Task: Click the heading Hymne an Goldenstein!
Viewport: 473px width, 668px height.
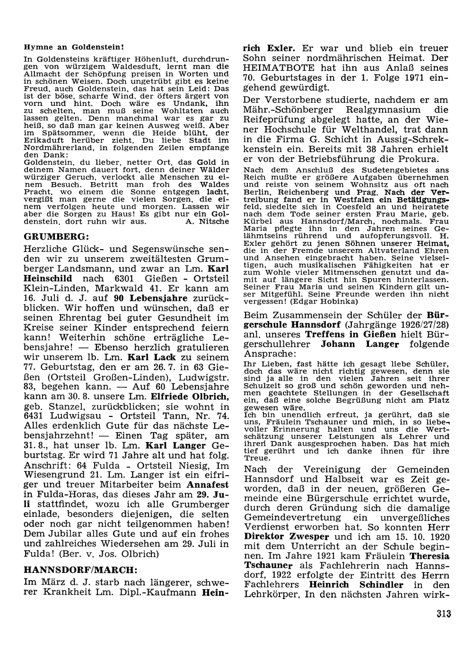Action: tap(73, 48)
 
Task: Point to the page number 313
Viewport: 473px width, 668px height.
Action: tap(444, 614)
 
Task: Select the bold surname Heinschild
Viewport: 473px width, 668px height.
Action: tap(49, 278)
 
